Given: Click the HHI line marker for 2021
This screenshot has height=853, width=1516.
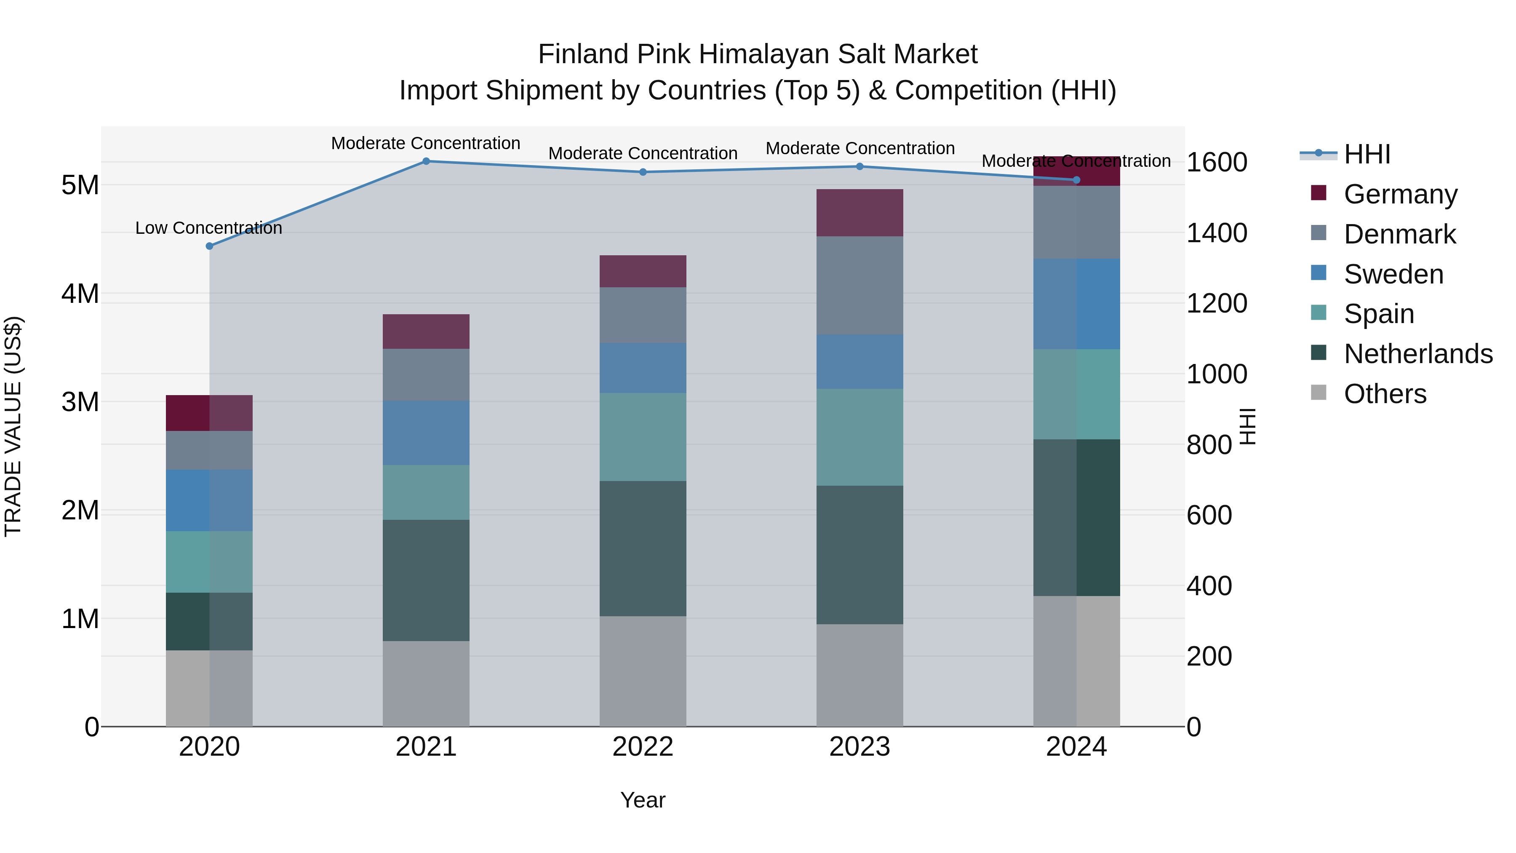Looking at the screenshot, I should (426, 161).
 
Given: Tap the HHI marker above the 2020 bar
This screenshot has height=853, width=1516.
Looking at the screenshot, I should (210, 246).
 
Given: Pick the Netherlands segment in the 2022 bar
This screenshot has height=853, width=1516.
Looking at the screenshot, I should (643, 548).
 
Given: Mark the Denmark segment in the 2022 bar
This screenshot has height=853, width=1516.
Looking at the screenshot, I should (643, 315).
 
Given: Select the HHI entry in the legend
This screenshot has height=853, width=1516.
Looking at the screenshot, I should (1367, 154).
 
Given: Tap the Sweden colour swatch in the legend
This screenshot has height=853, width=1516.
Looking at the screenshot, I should (1319, 273).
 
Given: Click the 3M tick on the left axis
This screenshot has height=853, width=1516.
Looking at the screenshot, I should (80, 402).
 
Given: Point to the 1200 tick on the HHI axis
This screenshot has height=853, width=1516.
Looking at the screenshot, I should (1216, 303).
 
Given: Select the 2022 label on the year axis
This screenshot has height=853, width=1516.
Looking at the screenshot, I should (643, 747).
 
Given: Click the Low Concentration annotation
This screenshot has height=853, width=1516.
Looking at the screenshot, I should (209, 228).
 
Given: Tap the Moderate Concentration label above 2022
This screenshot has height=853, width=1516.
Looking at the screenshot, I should (643, 153).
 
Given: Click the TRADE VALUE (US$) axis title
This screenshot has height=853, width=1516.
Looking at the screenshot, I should (13, 426).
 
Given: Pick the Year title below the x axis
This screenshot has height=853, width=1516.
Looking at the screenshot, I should (643, 800).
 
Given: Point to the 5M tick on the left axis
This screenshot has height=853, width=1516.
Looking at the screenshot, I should (80, 185).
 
